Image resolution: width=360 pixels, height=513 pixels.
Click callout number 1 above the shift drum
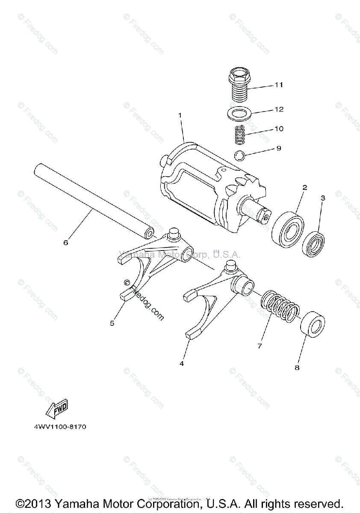click(180, 115)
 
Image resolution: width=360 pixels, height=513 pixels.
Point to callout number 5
click(112, 323)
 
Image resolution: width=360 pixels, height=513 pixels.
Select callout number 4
click(182, 363)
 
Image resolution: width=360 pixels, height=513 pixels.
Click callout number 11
click(278, 85)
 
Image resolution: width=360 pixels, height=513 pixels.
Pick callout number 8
click(297, 367)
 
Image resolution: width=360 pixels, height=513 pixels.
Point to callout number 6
click(65, 242)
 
